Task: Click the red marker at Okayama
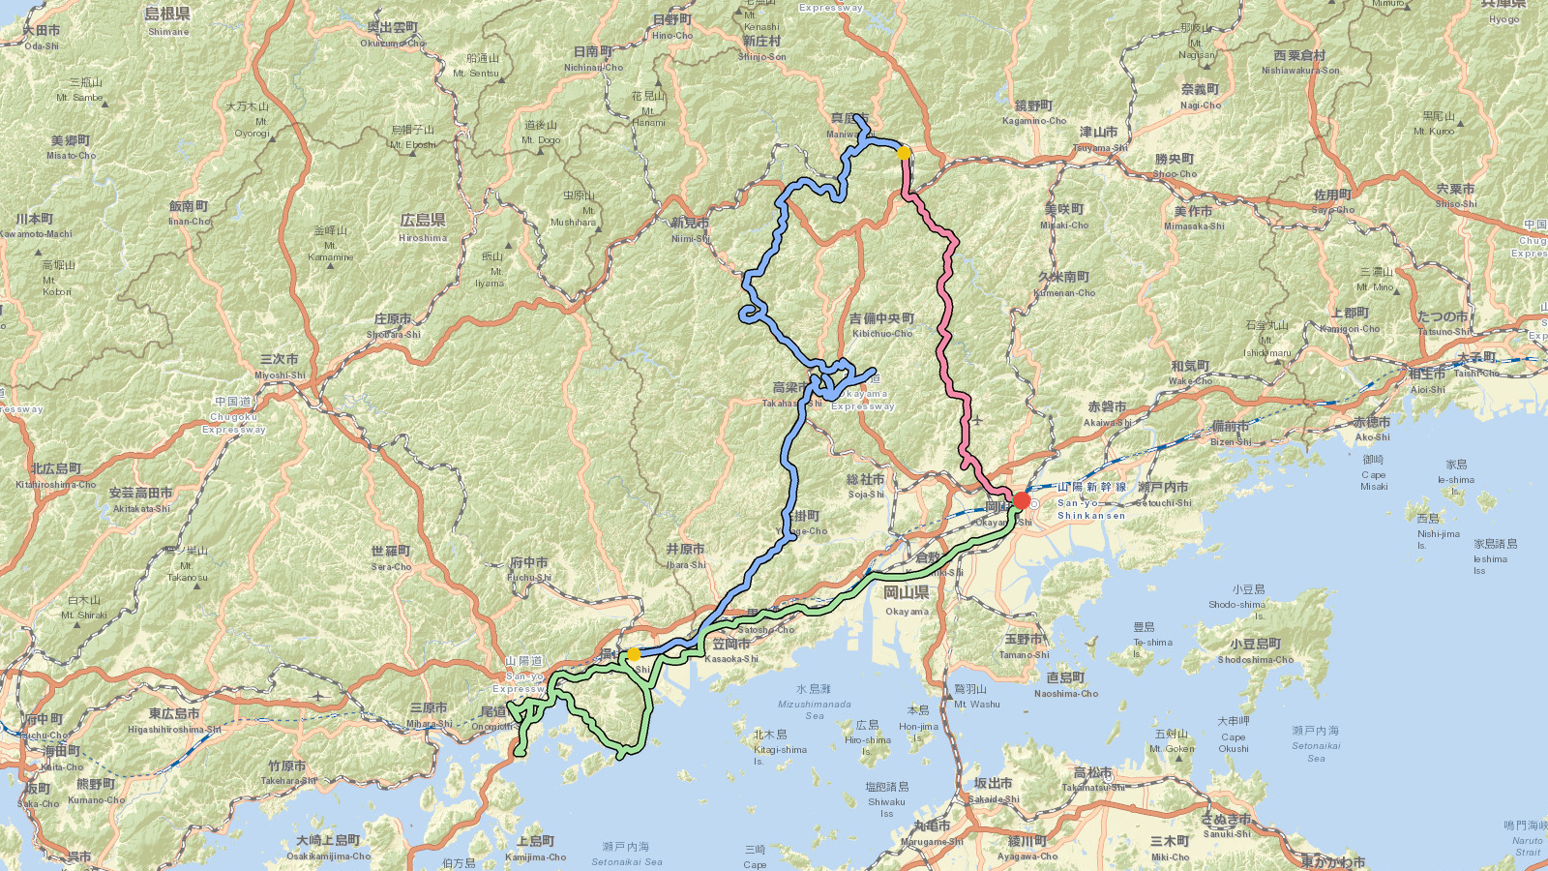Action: click(1022, 500)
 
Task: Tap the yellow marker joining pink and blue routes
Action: click(904, 153)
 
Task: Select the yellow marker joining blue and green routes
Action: click(634, 655)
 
